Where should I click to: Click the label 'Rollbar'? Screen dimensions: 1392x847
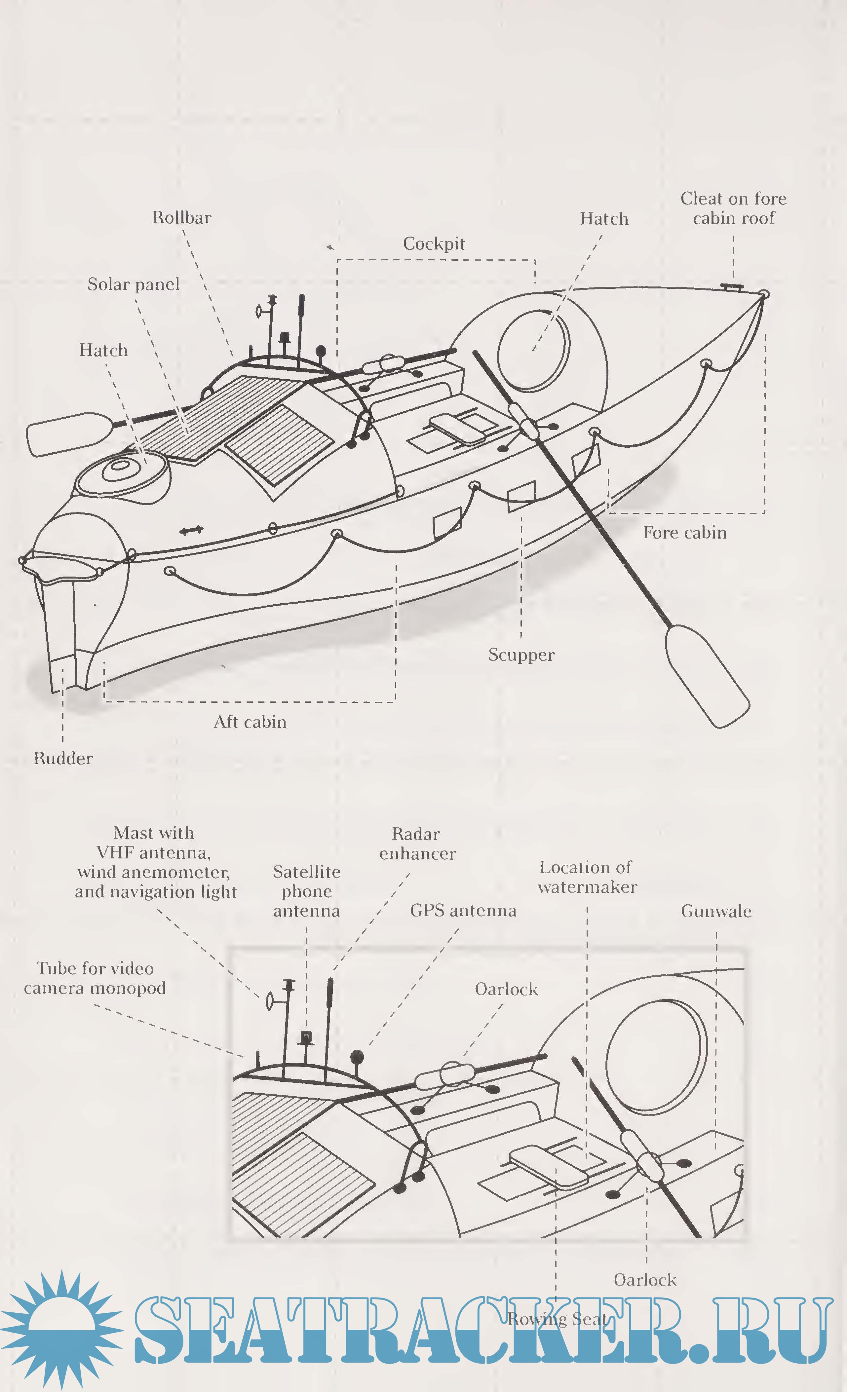pyautogui.click(x=181, y=217)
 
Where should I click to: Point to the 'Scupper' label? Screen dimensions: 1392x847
pyautogui.click(x=521, y=655)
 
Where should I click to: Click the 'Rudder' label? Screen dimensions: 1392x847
pyautogui.click(x=63, y=758)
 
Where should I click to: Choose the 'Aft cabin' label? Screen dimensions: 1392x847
pyautogui.click(x=250, y=722)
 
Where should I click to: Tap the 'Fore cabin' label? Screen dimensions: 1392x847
pyautogui.click(x=685, y=533)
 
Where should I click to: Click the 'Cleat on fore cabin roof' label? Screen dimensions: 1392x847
pyautogui.click(x=733, y=208)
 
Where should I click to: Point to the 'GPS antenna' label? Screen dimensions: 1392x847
pyautogui.click(x=463, y=910)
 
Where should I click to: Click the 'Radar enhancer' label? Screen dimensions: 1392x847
pyautogui.click(x=417, y=844)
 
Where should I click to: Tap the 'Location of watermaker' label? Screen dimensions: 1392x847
pyautogui.click(x=587, y=877)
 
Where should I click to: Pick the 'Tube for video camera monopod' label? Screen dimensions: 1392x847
pyautogui.click(x=95, y=978)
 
